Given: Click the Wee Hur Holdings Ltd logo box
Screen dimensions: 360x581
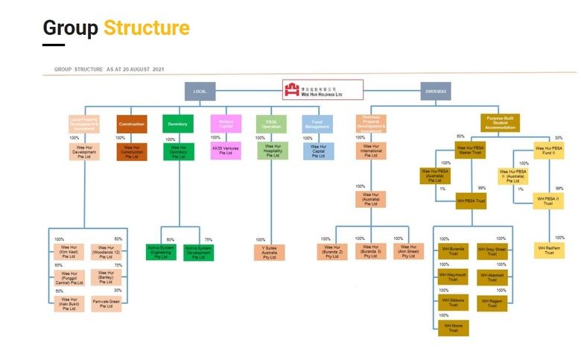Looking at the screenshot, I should pos(323,90).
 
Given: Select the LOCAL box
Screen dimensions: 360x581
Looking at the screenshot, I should pos(199,91).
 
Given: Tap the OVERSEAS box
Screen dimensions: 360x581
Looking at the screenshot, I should pos(436,91).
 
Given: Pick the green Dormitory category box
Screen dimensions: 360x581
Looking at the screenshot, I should pos(177,124).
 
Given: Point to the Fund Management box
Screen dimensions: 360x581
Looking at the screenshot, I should pos(318,124).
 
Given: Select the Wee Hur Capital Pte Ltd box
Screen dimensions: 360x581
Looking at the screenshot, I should pos(318,151).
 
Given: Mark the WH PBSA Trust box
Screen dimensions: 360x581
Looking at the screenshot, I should pos(471,200).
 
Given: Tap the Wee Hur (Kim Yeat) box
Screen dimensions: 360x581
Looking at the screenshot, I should pos(69,251).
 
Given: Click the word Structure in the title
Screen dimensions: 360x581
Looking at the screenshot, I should pos(146,28).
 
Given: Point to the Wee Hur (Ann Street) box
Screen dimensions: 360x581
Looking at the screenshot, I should pos(407,251).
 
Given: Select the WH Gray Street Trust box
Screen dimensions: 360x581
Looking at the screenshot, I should pos(492,251).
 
